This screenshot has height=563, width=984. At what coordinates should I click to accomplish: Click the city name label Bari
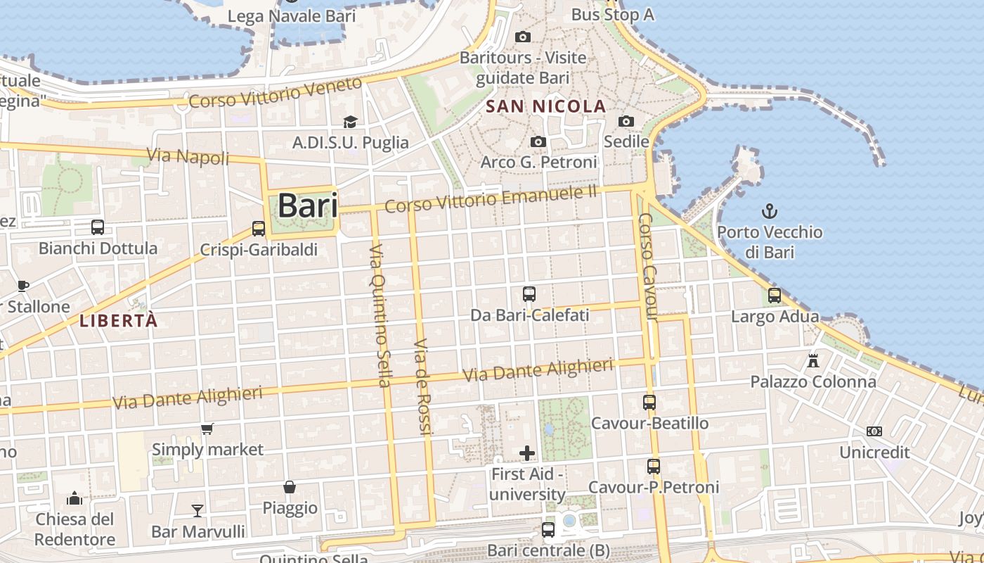307,205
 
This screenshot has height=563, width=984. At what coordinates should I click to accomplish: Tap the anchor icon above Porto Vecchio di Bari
770,210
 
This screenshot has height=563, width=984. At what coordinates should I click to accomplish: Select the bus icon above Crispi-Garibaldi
259,229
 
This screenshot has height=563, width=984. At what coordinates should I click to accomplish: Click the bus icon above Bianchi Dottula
98,227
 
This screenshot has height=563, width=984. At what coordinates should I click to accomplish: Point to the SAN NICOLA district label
546,106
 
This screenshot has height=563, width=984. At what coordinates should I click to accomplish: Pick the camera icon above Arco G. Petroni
538,142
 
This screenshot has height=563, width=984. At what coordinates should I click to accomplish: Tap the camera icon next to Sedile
626,122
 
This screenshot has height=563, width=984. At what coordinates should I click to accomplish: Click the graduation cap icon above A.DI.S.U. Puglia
350,122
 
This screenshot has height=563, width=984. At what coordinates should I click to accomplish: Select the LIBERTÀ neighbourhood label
118,321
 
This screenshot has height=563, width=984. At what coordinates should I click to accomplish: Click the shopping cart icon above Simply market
207,429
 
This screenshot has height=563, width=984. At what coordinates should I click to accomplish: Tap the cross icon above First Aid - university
527,453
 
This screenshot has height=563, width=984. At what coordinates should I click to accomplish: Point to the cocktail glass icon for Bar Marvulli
198,510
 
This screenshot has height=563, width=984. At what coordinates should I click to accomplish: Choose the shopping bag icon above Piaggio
290,487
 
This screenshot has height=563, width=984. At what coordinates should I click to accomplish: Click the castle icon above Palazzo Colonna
813,361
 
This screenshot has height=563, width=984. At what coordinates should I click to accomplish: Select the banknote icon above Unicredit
874,431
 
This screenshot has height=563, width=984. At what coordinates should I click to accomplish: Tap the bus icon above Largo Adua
775,296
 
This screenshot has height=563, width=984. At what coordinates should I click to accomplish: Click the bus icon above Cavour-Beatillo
649,403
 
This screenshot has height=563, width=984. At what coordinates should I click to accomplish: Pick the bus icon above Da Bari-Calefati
529,294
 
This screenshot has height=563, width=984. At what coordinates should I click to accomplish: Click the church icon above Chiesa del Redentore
75,499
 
